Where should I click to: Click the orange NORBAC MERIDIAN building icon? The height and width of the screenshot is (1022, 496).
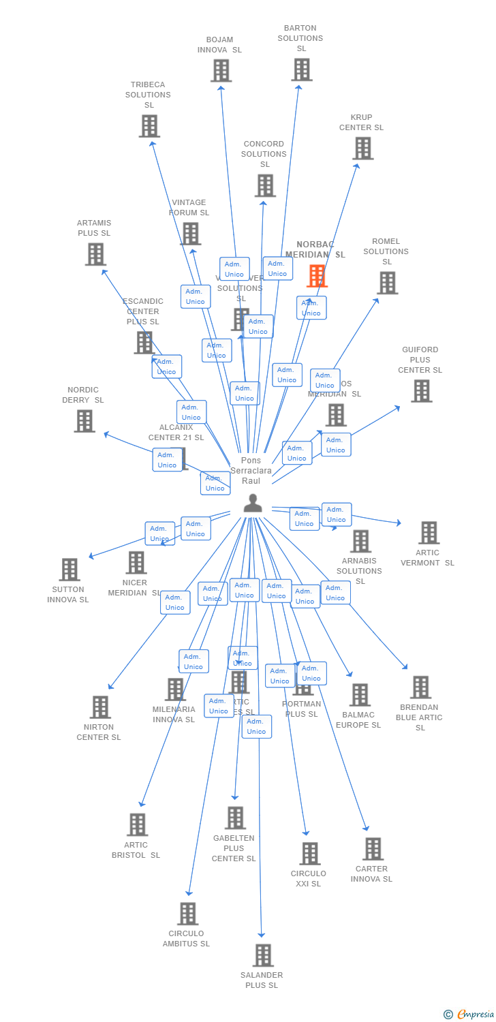pos(317,276)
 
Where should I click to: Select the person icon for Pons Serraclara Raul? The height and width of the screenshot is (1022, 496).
pos(253,504)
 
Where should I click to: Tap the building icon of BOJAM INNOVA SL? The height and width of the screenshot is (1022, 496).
pos(221,71)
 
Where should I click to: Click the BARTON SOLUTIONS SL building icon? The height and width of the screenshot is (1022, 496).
pos(302,69)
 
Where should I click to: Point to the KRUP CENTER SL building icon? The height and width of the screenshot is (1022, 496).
pos(362,148)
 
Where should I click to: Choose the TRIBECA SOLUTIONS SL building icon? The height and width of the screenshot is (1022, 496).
pos(149,126)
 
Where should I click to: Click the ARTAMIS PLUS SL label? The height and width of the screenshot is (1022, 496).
pos(94,228)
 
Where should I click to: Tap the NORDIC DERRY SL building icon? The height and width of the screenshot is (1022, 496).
pos(84,421)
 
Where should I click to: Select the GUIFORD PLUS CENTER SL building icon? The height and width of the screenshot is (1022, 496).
pos(421,391)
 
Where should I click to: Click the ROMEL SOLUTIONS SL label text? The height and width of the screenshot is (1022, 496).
pos(386,251)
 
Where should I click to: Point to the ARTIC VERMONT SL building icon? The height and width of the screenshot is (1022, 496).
pos(429,533)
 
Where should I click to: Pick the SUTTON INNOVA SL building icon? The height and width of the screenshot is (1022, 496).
pos(69,570)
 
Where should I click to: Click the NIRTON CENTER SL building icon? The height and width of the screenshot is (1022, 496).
pos(100,707)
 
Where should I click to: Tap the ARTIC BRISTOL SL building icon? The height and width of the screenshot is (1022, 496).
pos(138,824)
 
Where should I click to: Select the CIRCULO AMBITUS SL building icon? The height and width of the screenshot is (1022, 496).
pos(187,914)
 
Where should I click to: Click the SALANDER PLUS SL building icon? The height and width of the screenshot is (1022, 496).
pos(263,955)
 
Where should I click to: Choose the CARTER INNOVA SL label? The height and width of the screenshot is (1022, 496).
pos(371,873)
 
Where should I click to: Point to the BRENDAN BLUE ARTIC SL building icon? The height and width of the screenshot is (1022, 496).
pos(420,687)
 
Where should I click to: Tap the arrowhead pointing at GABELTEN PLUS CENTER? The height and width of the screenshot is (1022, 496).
pos(235,796)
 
